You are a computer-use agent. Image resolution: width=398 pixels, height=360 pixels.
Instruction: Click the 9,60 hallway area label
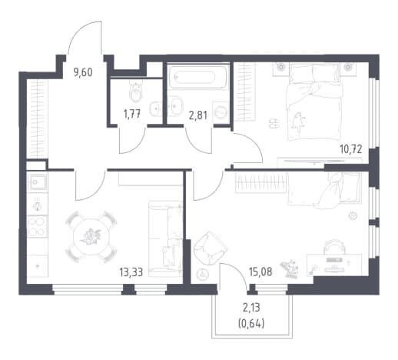coord(83,72)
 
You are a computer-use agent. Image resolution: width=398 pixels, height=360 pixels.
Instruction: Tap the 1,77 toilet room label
coord(132,114)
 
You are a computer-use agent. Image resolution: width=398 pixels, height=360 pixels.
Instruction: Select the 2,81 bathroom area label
coord(197,116)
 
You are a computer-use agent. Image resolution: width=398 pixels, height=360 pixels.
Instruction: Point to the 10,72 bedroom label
coord(350,149)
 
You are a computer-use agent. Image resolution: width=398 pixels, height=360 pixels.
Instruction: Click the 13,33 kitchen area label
coord(131,272)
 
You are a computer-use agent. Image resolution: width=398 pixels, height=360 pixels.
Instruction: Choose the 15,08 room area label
coord(260,272)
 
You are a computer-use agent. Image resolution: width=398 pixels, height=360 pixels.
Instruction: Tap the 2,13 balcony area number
coord(251,307)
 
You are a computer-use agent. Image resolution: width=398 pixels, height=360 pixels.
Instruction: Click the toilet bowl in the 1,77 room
coord(136,92)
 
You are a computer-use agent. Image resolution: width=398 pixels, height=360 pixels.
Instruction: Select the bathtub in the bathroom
coord(197,77)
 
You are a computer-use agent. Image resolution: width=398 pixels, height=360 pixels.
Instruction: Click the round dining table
coord(91,237)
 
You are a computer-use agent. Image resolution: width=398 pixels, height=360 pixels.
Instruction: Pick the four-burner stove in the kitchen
coord(38,226)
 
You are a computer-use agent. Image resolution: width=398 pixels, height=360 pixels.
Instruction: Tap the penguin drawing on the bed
coord(298,122)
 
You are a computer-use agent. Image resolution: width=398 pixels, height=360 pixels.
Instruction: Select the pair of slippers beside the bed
coord(274,123)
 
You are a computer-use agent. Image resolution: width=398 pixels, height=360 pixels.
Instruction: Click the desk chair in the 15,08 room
coord(334,246)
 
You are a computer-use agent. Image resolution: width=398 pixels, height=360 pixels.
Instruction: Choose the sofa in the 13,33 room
coord(165,238)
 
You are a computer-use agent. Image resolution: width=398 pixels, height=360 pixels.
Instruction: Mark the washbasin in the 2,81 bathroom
coord(176,106)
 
